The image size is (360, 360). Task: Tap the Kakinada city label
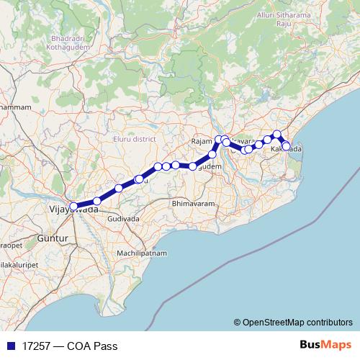pyautogui.click(x=287, y=149)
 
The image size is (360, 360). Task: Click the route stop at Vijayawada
pyautogui.click(x=73, y=207)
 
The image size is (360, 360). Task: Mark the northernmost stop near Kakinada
pyautogui.click(x=277, y=134)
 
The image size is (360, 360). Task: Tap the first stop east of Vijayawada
pyautogui.click(x=97, y=201)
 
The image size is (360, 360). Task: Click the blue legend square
pyautogui.click(x=11, y=344)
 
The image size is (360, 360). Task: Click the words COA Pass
pyautogui.click(x=92, y=344)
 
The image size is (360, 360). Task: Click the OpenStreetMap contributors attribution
pyautogui.click(x=297, y=322)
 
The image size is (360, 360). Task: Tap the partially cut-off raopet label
pyautogui.click(x=11, y=246)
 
